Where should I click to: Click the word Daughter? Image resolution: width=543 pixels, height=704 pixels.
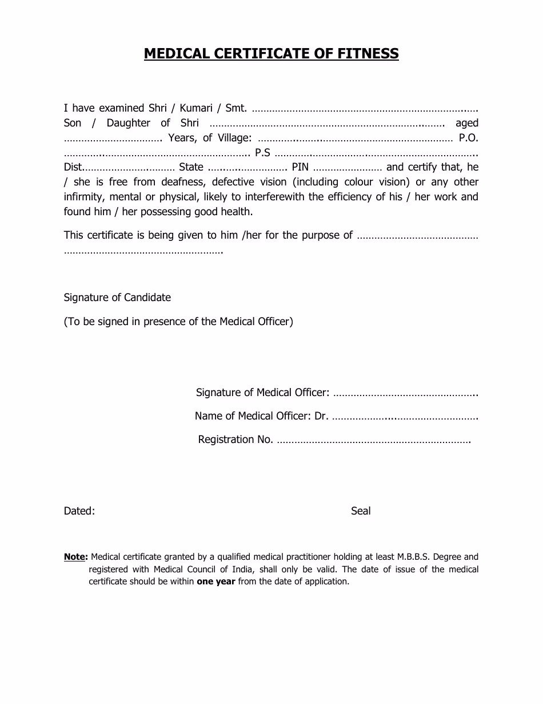pos(128,123)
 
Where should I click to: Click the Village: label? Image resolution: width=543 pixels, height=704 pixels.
pos(233,138)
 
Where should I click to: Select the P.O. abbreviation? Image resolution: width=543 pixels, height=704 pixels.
pos(469,138)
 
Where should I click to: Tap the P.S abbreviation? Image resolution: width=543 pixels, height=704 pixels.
pos(262,153)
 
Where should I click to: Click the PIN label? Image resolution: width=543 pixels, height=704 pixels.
pos(300,168)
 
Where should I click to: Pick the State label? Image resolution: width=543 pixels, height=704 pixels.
pos(191,168)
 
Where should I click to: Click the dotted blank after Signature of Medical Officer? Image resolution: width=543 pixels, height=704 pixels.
pos(405,393)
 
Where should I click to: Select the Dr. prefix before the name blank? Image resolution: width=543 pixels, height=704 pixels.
pos(321,416)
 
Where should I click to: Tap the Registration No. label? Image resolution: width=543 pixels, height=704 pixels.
pos(235,440)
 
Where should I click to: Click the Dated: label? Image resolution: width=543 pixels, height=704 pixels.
pos(79,511)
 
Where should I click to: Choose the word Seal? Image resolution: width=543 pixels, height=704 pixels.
pos(361,511)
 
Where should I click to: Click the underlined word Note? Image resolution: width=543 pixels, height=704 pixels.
pos(74,557)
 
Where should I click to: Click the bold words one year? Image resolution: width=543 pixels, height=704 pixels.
pos(216,582)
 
